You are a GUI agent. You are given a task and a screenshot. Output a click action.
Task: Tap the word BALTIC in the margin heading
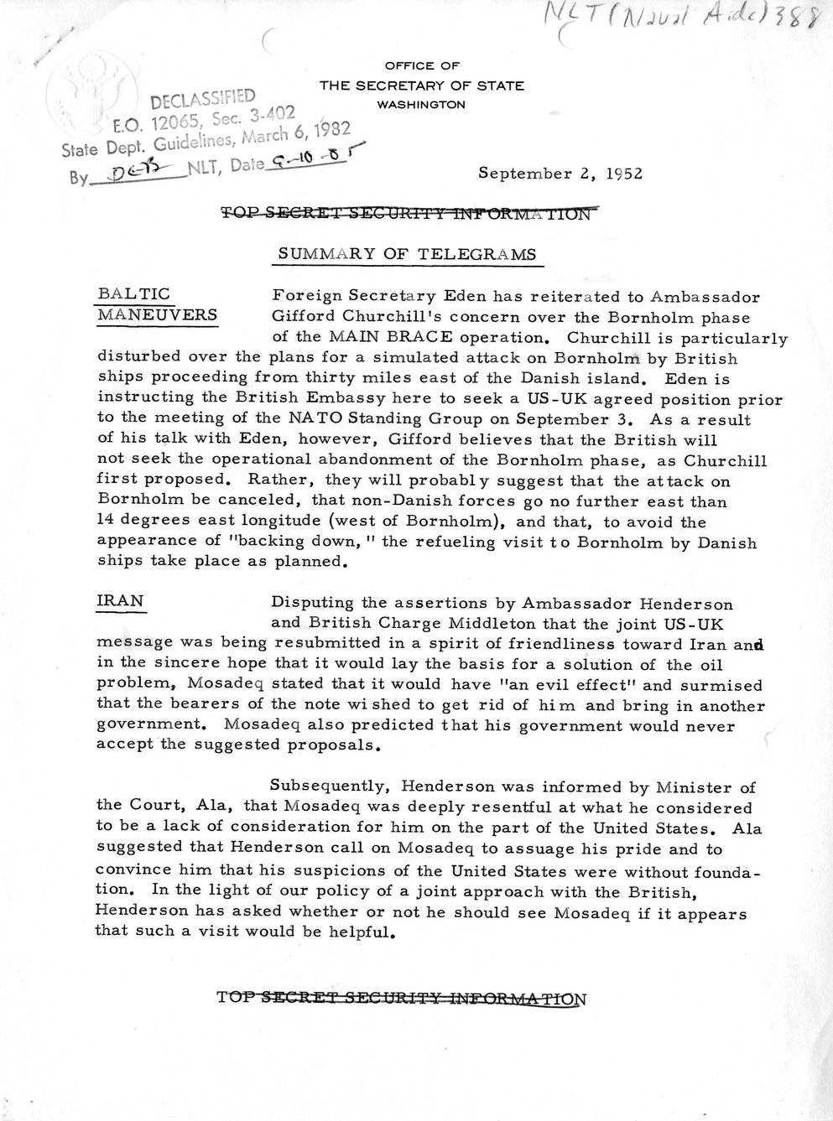134,293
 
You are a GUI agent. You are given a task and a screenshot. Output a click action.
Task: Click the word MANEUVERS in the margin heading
158,315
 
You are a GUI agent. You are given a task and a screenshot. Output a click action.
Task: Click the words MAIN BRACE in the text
362,339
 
